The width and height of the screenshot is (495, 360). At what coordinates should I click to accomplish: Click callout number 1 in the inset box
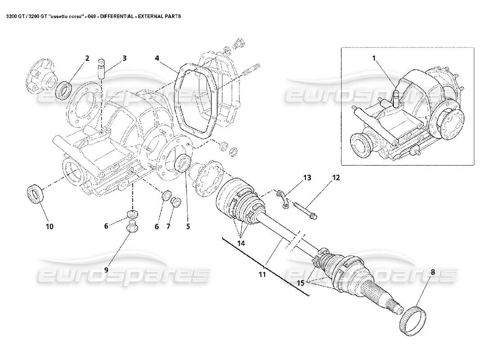374,57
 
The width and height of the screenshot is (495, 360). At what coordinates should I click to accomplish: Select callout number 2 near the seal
87,58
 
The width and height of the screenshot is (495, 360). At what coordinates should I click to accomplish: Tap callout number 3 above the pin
124,58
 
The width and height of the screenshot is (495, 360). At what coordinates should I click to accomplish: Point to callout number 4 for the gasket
157,58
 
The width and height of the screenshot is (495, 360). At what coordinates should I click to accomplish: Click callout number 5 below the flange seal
188,227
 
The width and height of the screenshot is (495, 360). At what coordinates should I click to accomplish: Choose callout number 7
168,227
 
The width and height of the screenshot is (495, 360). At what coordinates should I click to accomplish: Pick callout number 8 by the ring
433,272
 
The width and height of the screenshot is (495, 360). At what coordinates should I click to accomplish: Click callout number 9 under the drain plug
107,270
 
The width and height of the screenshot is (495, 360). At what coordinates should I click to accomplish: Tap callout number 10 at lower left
49,226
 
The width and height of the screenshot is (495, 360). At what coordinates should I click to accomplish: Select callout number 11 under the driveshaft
262,274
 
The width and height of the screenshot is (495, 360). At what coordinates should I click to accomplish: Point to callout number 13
307,178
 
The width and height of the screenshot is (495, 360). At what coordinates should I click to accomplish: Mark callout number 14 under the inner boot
242,243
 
